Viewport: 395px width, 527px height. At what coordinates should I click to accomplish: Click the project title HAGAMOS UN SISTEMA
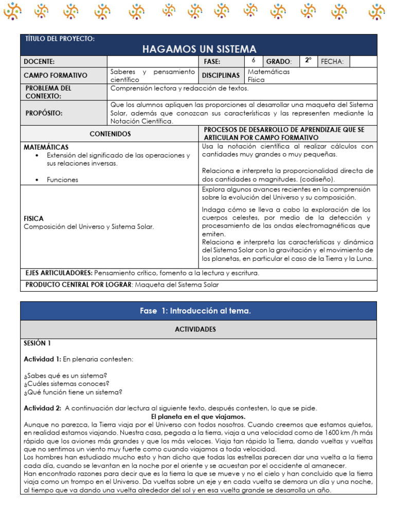pyautogui.click(x=199, y=49)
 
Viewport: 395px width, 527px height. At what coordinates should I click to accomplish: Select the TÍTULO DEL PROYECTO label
pyautogui.click(x=60, y=39)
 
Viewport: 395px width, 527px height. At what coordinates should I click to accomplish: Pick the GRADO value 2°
pyautogui.click(x=308, y=61)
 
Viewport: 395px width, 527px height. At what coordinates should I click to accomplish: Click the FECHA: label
pyautogui.click(x=332, y=62)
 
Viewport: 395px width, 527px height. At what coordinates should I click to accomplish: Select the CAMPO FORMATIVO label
pyautogui.click(x=56, y=75)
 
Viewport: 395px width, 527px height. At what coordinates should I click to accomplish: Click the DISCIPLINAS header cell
pyautogui.click(x=221, y=75)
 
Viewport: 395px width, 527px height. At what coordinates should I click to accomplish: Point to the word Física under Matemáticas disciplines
pyautogui.click(x=256, y=80)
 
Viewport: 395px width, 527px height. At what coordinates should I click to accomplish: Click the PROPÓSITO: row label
pyautogui.click(x=44, y=113)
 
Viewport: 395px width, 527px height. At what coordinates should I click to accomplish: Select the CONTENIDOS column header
pyautogui.click(x=110, y=134)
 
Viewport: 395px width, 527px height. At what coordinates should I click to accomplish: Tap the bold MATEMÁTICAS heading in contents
pyautogui.click(x=46, y=147)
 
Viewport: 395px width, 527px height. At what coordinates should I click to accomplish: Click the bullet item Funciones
pyautogui.click(x=62, y=180)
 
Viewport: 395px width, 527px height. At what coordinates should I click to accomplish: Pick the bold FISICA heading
pyautogui.click(x=34, y=218)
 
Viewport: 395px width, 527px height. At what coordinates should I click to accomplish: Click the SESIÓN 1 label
pyautogui.click(x=37, y=343)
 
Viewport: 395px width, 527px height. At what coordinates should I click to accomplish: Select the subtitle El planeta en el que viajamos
pyautogui.click(x=199, y=416)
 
